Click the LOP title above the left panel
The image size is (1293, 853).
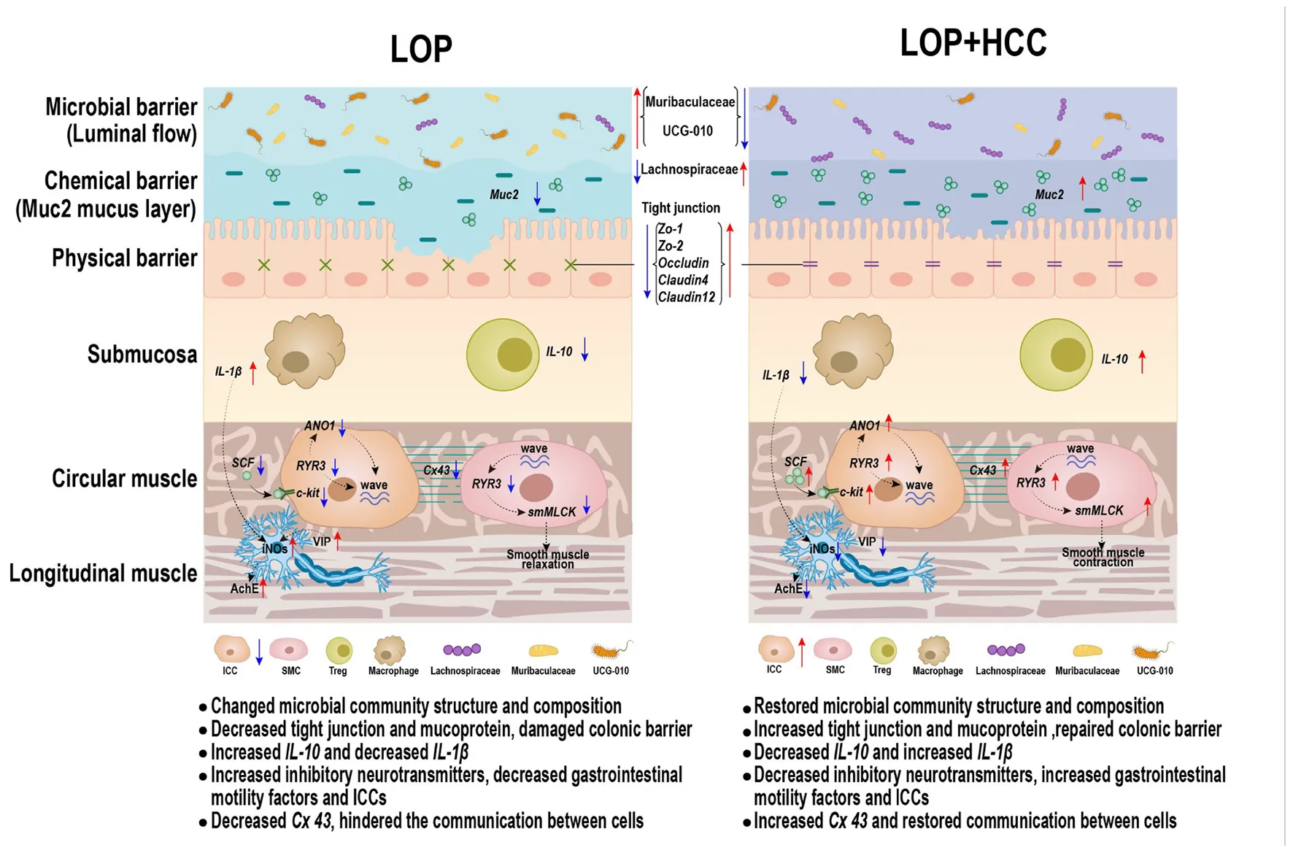point(421,49)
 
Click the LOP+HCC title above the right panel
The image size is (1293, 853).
point(973,42)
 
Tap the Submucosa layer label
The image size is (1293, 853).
point(142,355)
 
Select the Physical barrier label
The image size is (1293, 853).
point(124,258)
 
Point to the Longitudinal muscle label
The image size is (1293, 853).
point(103,574)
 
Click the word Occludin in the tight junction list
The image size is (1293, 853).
point(684,263)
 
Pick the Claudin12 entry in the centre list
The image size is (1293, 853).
point(687,297)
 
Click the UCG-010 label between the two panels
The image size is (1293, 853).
point(687,131)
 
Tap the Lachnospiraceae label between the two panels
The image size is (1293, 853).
point(689,169)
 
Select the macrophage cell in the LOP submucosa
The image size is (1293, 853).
point(304,352)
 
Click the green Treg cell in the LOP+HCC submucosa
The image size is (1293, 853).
point(1056,355)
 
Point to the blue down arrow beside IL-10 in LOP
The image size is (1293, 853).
point(584,351)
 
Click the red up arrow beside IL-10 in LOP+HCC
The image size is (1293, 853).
point(1142,360)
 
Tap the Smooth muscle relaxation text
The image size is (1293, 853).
point(547,559)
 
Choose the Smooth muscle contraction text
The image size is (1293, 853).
point(1103,557)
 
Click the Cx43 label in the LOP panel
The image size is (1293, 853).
point(436,471)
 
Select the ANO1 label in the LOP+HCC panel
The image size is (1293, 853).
point(865,425)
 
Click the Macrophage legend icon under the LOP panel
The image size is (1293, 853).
point(390,649)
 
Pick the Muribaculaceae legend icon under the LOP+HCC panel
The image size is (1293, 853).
point(1086,650)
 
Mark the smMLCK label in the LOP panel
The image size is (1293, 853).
point(552,512)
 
